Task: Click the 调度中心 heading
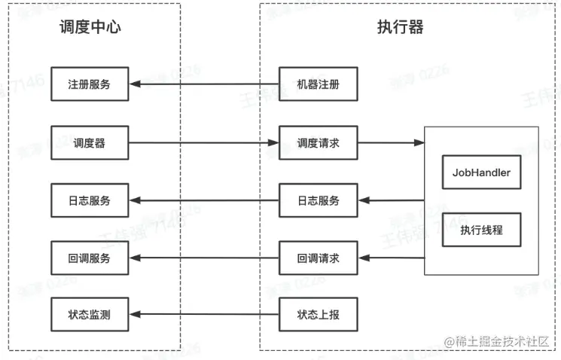(x=90, y=28)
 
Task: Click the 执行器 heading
(x=400, y=28)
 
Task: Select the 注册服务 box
(x=90, y=84)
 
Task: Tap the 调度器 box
(x=90, y=143)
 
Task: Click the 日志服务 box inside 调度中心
(x=90, y=200)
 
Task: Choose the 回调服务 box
(x=90, y=258)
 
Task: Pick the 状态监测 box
(x=90, y=314)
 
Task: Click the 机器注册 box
(x=318, y=84)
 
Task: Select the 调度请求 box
(x=318, y=143)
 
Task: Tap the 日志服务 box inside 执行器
(x=318, y=200)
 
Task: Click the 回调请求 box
(x=318, y=258)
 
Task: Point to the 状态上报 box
(x=318, y=314)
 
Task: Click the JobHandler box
(x=481, y=172)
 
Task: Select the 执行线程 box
(x=481, y=230)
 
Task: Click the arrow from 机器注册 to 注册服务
(x=203, y=84)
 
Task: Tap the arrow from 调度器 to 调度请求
(x=203, y=143)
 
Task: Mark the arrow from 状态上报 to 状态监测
(x=203, y=314)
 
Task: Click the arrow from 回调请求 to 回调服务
(x=203, y=258)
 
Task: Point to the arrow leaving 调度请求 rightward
(x=390, y=143)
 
